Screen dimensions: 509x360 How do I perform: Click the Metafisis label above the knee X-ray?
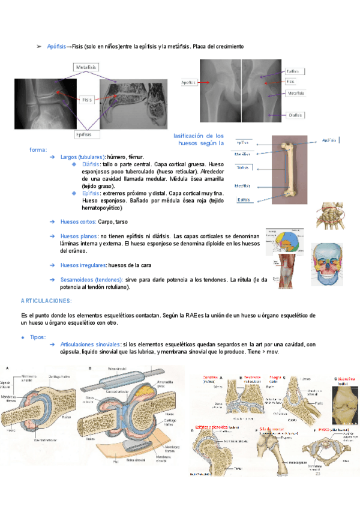click(86, 67)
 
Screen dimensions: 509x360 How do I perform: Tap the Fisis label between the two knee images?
click(88, 100)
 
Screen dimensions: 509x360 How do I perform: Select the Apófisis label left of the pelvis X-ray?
click(189, 82)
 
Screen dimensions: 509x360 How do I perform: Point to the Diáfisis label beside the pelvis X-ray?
click(295, 114)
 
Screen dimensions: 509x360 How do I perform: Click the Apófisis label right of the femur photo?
click(329, 140)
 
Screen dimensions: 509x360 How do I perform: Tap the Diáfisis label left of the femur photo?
click(243, 167)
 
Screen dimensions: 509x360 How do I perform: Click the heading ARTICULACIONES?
click(46, 300)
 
